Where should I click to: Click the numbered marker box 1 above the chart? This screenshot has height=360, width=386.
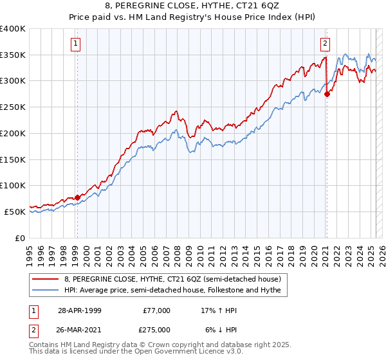pyautogui.click(x=76, y=44)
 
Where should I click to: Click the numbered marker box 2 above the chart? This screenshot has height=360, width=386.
pyautogui.click(x=326, y=44)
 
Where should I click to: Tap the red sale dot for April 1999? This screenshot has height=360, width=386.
pyautogui.click(x=77, y=197)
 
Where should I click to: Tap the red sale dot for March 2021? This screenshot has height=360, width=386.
pyautogui.click(x=327, y=94)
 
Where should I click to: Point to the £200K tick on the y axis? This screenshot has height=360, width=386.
pyautogui.click(x=14, y=133)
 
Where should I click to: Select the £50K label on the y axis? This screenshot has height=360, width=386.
pyautogui.click(x=15, y=212)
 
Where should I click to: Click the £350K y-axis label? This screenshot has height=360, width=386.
pyautogui.click(x=14, y=55)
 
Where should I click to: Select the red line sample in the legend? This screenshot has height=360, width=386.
pyautogui.click(x=46, y=280)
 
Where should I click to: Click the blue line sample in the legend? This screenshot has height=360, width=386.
pyautogui.click(x=46, y=291)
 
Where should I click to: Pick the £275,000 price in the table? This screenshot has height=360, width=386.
pyautogui.click(x=157, y=330)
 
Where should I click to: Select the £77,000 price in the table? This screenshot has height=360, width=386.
pyautogui.click(x=157, y=310)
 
